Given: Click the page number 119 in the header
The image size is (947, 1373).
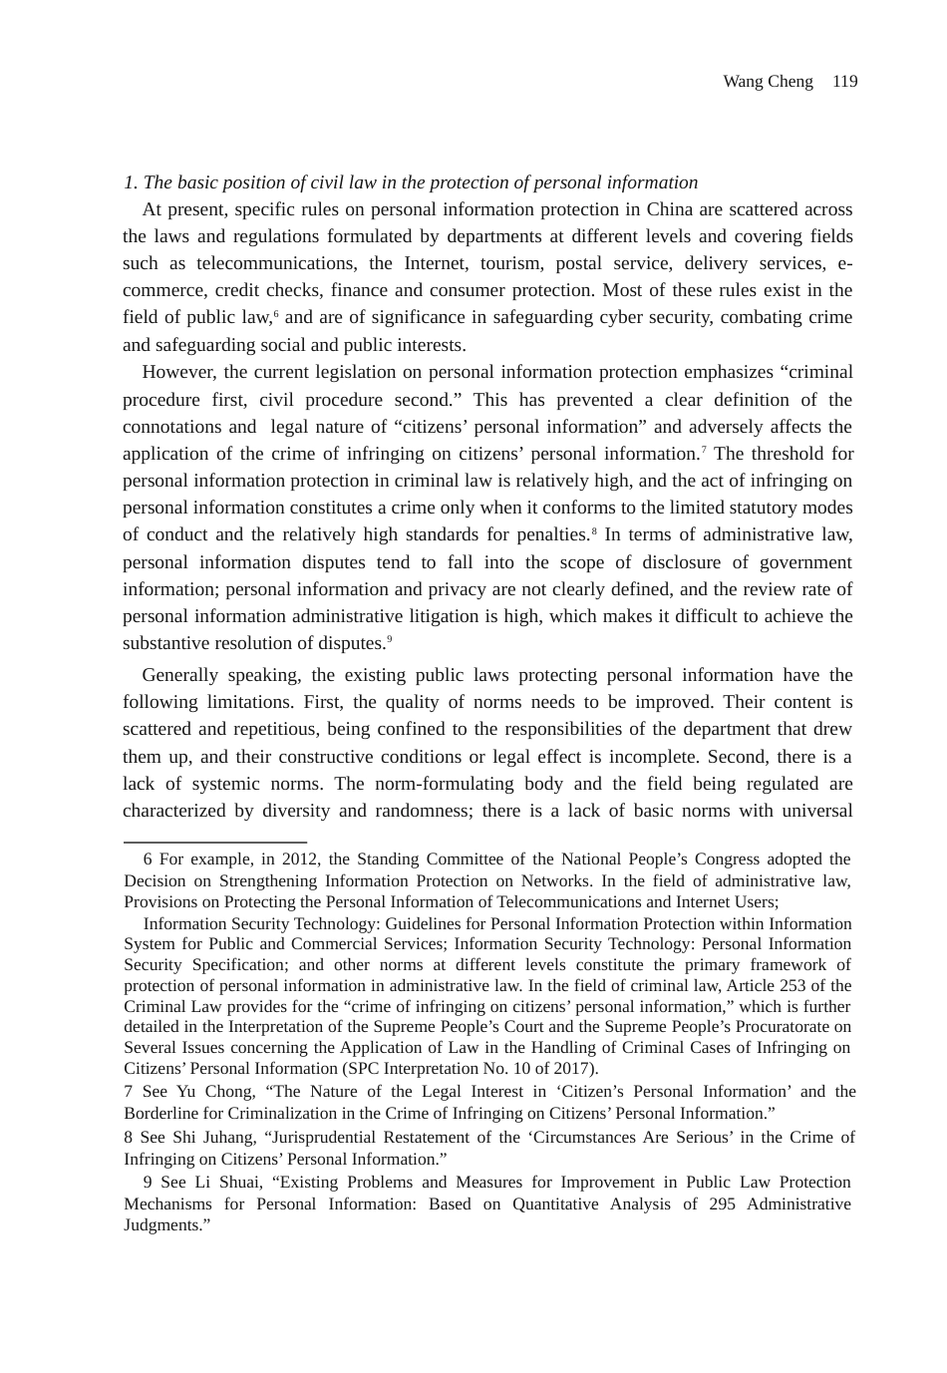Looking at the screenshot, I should [844, 82].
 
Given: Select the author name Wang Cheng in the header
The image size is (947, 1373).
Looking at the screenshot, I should [768, 82].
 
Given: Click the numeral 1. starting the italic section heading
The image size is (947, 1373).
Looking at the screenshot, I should [131, 182].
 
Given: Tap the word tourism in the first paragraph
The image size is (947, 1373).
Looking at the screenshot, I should [510, 263].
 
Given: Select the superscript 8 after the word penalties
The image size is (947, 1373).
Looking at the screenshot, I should [595, 530].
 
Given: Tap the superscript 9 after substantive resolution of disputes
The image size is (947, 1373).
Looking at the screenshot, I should [389, 639].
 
